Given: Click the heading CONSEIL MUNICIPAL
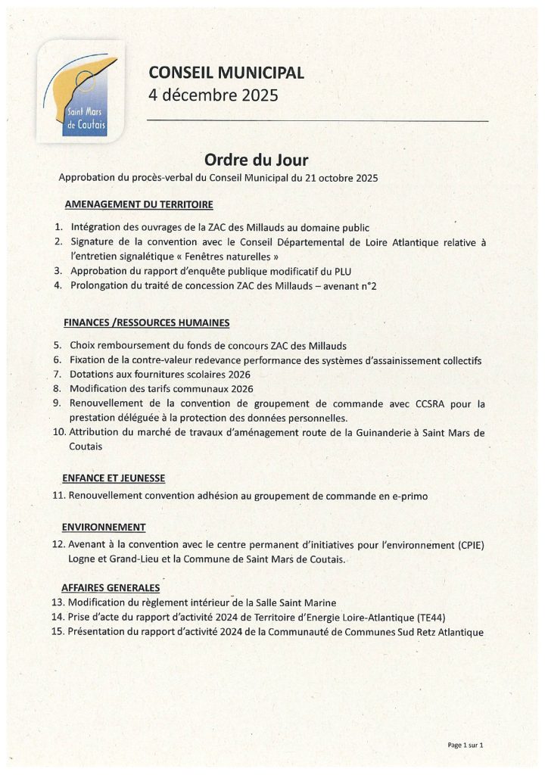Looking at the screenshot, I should click(x=226, y=73).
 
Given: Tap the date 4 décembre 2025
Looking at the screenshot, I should click(x=213, y=96).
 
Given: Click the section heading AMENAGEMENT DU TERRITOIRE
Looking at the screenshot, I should click(x=139, y=204).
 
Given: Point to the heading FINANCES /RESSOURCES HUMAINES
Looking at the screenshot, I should click(x=147, y=323).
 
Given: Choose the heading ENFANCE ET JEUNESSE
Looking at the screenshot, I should click(x=114, y=478).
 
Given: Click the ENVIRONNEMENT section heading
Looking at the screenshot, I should click(x=104, y=527).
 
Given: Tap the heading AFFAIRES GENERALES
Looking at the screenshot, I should click(x=111, y=587).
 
